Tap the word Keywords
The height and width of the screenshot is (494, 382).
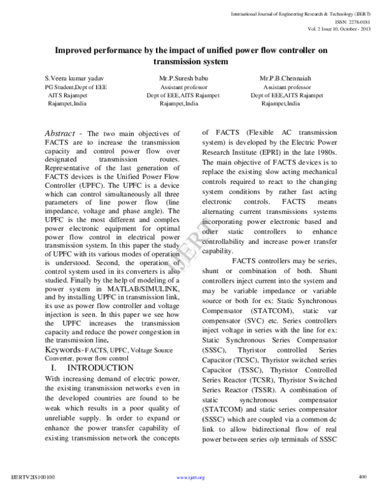[x=67, y=349]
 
